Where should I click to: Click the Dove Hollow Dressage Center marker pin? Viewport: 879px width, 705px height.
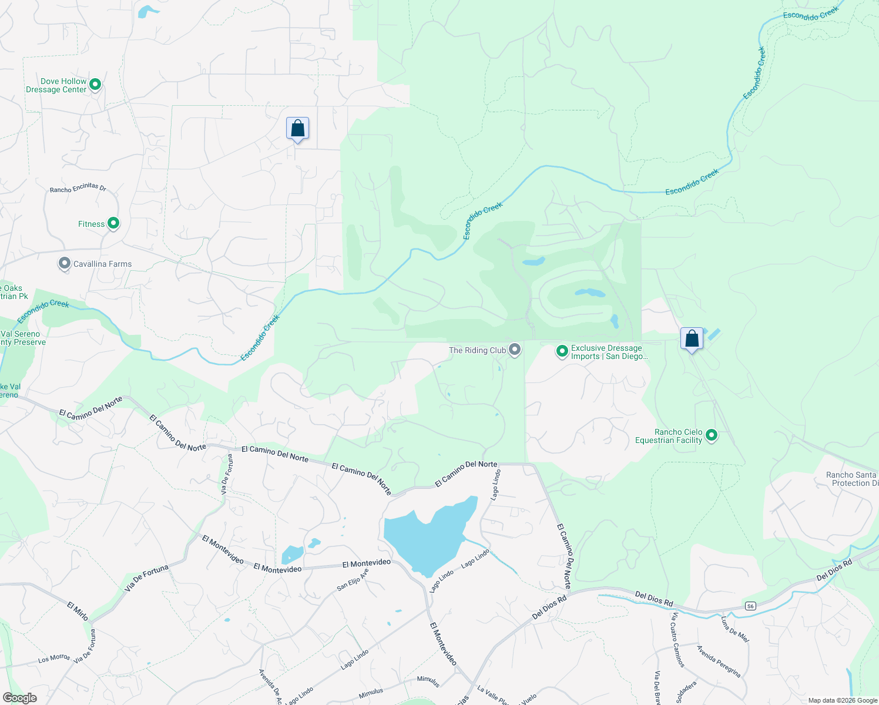(95, 85)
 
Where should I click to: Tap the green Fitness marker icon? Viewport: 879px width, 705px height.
(113, 223)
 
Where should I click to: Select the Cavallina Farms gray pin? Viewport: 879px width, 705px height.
(65, 264)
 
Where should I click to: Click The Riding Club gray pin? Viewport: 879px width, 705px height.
(515, 350)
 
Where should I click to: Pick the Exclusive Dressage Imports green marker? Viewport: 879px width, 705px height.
(562, 351)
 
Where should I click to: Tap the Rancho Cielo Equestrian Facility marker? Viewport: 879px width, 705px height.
(712, 435)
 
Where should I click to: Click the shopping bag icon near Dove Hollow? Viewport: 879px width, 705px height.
(297, 129)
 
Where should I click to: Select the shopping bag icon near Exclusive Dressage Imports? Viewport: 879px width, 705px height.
(692, 339)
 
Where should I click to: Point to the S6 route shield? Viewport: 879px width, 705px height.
(750, 606)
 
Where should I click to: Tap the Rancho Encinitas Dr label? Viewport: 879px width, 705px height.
(78, 188)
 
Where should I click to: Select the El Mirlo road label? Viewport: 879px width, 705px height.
(78, 611)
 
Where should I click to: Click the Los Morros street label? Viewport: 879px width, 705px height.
(54, 659)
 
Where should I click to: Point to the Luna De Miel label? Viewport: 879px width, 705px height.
(734, 629)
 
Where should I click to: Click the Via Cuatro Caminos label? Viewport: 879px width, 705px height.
(679, 640)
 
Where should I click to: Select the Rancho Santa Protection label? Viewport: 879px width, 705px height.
(852, 479)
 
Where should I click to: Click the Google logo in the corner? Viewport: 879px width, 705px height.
(19, 697)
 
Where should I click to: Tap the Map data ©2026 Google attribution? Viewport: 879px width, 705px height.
(843, 700)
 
